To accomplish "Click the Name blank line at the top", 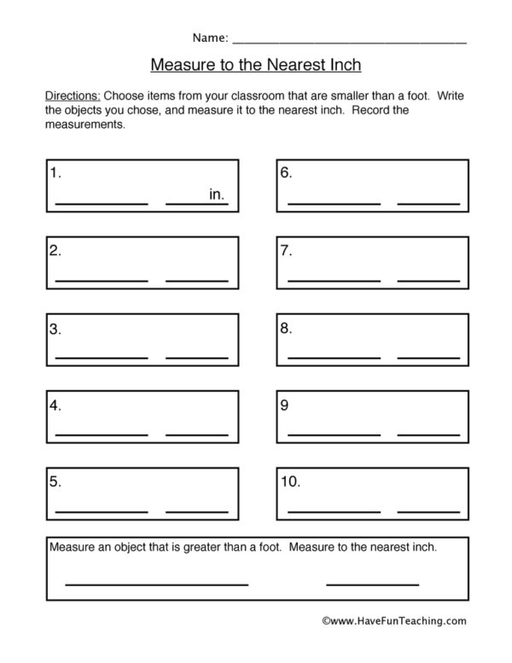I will coord(350,42).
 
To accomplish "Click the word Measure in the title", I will coord(180,64).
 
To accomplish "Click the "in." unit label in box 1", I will coord(217,195).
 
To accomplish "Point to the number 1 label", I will coord(55,172).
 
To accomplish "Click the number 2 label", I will coord(55,251).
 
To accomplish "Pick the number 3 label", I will coord(55,329).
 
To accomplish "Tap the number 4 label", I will coord(55,405).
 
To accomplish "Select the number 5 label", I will coord(55,482).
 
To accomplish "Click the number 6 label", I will coord(287,172).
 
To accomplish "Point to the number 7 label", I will coord(287,251).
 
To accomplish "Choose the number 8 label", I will coord(287,329).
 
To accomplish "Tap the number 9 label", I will coord(285,405).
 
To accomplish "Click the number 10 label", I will coord(290,482).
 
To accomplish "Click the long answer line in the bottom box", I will coord(156,584).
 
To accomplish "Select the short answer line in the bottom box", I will coord(373,584).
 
